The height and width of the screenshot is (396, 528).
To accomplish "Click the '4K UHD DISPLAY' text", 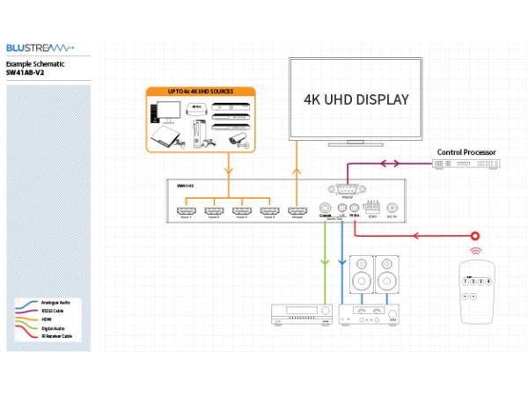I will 356,99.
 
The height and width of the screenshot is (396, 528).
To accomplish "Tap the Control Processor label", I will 466,152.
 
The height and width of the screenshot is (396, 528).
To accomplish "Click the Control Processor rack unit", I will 466,165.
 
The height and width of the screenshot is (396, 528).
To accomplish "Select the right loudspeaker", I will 387,275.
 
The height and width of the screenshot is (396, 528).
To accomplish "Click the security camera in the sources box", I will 236,139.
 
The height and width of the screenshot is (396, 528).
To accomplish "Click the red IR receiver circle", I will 476,236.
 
